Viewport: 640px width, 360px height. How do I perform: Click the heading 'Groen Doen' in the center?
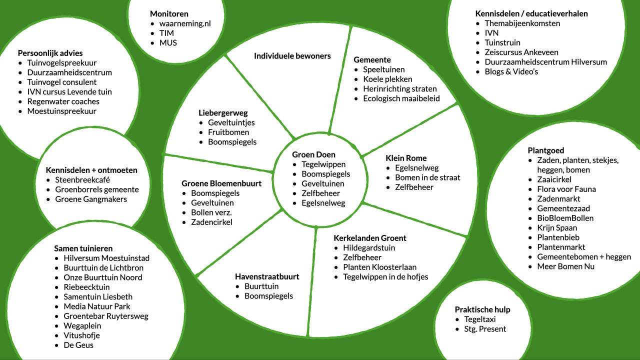point(313,154)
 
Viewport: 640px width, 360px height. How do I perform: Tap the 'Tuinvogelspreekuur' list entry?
point(61,63)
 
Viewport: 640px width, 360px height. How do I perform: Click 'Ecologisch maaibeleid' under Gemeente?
point(401,98)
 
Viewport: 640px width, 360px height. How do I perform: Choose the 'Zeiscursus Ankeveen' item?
point(521,52)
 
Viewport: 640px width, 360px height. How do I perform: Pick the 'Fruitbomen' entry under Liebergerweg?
point(228,132)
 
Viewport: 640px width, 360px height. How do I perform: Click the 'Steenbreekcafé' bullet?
point(82,180)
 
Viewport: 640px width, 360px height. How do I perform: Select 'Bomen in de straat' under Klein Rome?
point(427,177)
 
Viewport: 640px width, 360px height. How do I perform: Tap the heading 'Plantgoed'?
point(546,150)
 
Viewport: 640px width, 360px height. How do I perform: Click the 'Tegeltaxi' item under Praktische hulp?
point(479,319)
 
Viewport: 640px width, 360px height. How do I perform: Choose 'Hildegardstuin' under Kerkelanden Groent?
point(369,248)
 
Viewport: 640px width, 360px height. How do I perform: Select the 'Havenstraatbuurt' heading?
point(267,276)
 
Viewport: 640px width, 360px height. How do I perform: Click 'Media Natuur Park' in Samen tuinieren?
point(96,306)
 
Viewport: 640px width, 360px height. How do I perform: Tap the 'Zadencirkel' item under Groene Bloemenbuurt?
point(211,222)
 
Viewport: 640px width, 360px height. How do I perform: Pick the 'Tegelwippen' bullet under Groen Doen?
point(323,164)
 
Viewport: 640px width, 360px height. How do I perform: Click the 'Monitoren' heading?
point(169,14)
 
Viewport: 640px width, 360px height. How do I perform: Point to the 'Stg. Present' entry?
point(485,329)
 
